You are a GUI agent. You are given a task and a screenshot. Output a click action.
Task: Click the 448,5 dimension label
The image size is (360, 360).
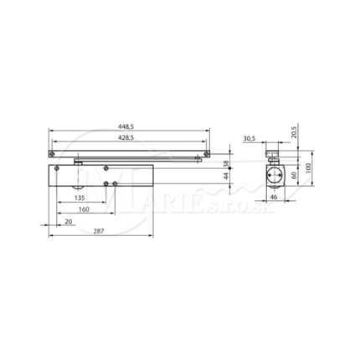[126, 126]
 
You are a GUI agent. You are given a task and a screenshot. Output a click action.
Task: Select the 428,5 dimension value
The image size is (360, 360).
[126, 137]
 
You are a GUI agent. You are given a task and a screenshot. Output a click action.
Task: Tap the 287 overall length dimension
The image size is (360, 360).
[99, 231]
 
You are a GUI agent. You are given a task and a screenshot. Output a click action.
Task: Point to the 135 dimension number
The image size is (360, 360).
[80, 198]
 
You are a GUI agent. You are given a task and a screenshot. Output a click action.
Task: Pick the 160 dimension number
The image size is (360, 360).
[84, 209]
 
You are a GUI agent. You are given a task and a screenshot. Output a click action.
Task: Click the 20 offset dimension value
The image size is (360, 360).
[69, 222]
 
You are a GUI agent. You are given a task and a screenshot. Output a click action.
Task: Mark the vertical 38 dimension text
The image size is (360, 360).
[226, 163]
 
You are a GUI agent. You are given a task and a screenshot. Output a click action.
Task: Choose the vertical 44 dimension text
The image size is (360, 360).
[226, 176]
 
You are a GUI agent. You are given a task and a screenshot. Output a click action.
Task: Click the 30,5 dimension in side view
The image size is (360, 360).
[249, 138]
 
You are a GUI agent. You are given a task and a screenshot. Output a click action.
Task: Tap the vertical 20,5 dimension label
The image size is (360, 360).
[294, 131]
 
